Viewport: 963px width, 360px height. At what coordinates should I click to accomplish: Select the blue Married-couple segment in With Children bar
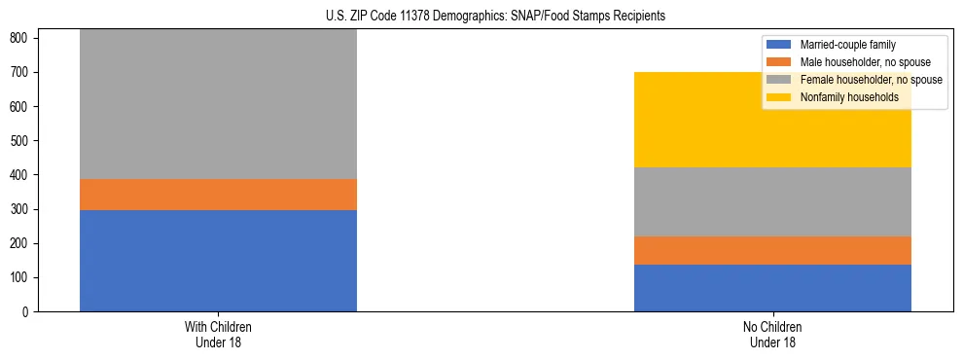218,261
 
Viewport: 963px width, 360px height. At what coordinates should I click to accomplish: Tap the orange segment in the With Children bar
218,195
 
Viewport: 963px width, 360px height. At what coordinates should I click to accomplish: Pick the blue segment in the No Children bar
772,288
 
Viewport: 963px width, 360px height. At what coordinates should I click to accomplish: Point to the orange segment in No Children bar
772,251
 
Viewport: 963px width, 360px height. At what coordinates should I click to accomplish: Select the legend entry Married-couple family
847,45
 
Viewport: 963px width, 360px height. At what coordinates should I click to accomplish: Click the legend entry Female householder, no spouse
865,80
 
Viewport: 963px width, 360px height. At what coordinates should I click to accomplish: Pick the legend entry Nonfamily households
847,97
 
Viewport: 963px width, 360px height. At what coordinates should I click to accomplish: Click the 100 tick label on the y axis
21,278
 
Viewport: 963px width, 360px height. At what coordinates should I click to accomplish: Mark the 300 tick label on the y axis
21,209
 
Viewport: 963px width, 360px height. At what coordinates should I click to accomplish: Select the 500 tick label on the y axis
21,141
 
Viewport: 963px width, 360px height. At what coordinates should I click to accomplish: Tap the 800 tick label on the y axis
21,38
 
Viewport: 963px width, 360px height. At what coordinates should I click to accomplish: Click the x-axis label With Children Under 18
218,334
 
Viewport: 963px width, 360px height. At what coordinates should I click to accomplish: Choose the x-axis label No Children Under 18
772,334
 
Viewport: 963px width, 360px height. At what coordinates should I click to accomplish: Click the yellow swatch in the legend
779,97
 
